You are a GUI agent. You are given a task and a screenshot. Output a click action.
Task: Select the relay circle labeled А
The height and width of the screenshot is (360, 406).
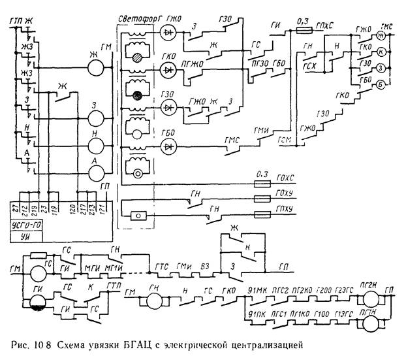click(x=97, y=171)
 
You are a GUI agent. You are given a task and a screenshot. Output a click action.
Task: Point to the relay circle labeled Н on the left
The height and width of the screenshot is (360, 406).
click(x=97, y=144)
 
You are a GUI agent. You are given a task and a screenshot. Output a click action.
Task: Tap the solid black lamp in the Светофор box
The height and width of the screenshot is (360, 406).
click(x=139, y=97)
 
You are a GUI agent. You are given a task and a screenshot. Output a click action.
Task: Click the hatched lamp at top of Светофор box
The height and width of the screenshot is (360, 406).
click(x=139, y=57)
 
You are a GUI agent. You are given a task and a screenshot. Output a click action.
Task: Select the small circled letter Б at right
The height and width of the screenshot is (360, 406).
click(x=378, y=84)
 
